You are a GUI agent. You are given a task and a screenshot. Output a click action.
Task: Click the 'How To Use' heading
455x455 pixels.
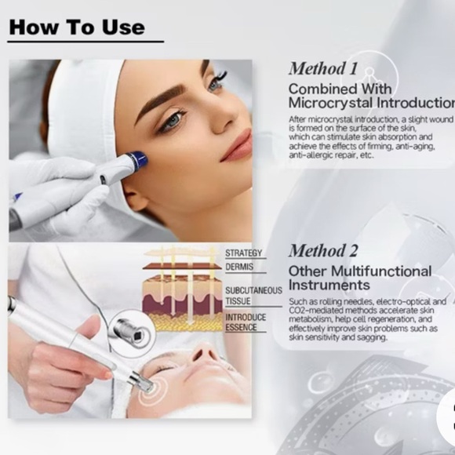[x=77, y=27]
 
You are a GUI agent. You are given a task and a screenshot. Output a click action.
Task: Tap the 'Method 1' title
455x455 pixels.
[x=323, y=69]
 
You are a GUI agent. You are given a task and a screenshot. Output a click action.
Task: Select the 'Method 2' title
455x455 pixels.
[x=323, y=251]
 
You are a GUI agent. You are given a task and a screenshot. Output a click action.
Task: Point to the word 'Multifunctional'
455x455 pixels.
[x=381, y=271]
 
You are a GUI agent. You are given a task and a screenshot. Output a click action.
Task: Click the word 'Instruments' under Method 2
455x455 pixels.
[x=329, y=285]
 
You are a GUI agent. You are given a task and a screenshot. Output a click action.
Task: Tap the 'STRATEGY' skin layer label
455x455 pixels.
[x=244, y=253]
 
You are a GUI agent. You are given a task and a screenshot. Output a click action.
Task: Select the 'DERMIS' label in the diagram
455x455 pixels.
[x=239, y=267]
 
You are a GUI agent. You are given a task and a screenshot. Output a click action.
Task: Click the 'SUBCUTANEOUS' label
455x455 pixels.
[x=253, y=290]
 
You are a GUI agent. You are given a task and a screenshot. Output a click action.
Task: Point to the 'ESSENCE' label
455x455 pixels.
[x=241, y=327]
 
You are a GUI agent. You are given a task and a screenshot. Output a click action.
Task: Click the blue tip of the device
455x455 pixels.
[x=139, y=159]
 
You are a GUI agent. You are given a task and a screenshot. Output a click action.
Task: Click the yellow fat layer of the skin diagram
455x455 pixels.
[x=183, y=322]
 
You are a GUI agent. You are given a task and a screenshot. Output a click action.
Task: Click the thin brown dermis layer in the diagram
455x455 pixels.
[x=182, y=267]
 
